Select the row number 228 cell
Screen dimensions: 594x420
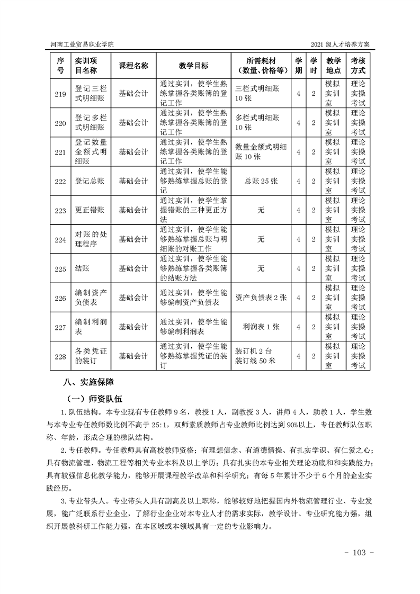tap(60, 356)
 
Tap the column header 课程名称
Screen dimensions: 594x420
tap(133, 65)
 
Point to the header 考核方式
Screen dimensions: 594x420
tap(358, 65)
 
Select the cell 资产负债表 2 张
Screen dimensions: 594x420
tap(261, 298)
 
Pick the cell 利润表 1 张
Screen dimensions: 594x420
tap(261, 327)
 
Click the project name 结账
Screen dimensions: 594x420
tap(82, 269)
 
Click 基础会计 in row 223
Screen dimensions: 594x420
tap(133, 210)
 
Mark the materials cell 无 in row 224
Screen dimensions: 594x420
tap(261, 239)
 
